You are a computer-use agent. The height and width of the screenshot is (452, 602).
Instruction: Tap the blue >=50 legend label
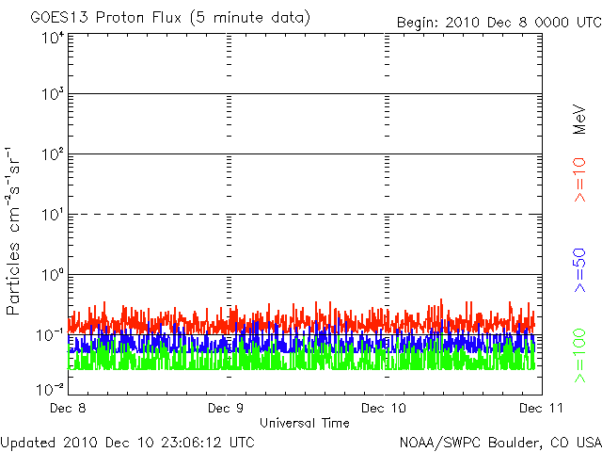580,269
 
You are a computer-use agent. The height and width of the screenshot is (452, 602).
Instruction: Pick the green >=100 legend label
580,354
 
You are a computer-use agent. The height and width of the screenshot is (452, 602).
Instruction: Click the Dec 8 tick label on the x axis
71,409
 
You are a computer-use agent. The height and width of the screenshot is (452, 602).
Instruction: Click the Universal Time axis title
304,423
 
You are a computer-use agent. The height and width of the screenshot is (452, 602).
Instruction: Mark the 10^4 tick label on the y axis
52,38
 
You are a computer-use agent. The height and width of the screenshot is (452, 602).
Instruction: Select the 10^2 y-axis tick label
52,155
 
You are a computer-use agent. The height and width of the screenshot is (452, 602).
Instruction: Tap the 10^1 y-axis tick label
52,216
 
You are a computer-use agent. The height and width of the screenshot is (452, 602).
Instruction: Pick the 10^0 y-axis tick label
52,276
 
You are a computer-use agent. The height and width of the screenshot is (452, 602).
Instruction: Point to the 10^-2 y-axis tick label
51,389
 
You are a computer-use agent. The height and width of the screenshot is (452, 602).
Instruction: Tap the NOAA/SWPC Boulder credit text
499,441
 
